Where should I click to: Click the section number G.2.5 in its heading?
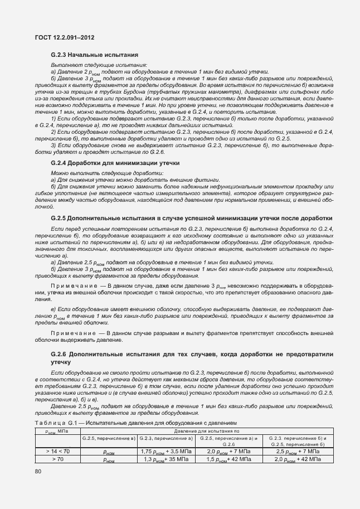pyautogui.click(x=59, y=218)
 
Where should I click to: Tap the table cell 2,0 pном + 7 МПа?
pyautogui.click(x=228, y=451)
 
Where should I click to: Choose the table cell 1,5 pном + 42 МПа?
pyautogui.click(x=228, y=460)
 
